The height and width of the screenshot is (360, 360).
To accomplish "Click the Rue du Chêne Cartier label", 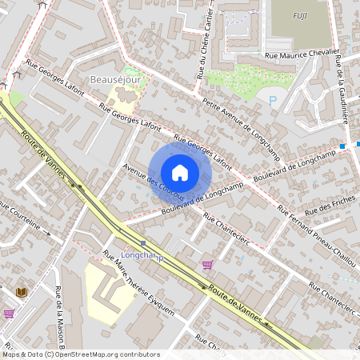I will [x=204, y=43].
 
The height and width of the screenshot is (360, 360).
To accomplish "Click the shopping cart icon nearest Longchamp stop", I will [x=208, y=265].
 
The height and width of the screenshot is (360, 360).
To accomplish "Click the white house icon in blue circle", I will [x=180, y=172].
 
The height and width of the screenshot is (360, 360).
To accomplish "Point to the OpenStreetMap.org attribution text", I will [x=80, y=354].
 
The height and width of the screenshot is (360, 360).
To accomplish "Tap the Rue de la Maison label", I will [x=60, y=320].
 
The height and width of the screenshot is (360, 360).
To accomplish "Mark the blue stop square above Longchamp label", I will [x=142, y=243].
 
